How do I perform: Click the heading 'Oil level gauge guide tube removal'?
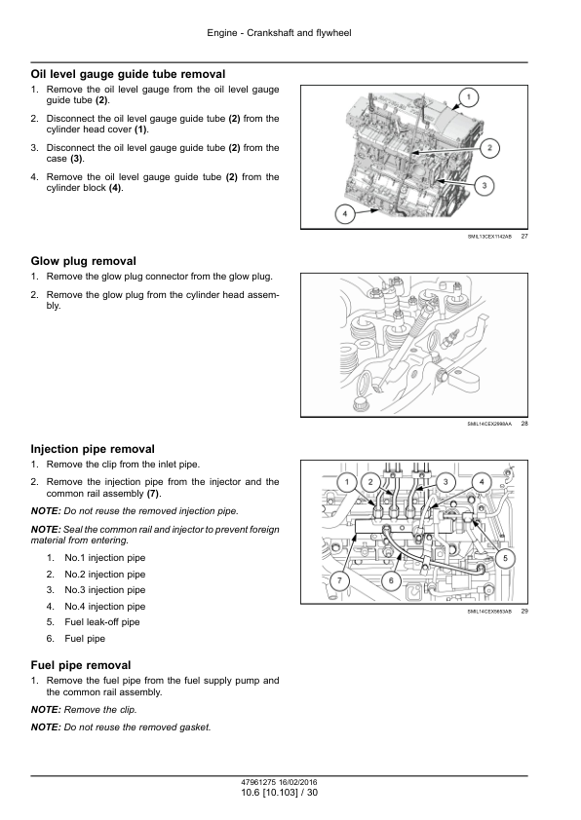point(129,74)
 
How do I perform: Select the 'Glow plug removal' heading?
point(83,261)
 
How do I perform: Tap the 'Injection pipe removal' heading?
point(93,449)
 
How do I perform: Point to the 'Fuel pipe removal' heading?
point(81,665)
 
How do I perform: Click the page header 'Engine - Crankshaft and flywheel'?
point(279,33)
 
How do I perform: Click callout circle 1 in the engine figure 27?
point(469,96)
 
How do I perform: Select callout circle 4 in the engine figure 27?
point(344,214)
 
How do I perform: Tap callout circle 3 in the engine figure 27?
point(484,185)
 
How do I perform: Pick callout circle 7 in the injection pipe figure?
point(339,580)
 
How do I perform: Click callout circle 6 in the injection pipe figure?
point(391,580)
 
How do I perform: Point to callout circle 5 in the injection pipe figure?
point(505,558)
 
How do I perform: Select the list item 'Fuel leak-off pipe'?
point(102,622)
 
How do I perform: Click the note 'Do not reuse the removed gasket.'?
point(137,727)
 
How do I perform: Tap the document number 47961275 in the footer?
point(258,783)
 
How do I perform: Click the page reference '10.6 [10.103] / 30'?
point(279,793)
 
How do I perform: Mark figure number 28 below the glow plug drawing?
point(524,424)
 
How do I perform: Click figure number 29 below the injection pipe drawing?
point(524,611)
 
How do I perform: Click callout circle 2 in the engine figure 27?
point(489,147)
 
